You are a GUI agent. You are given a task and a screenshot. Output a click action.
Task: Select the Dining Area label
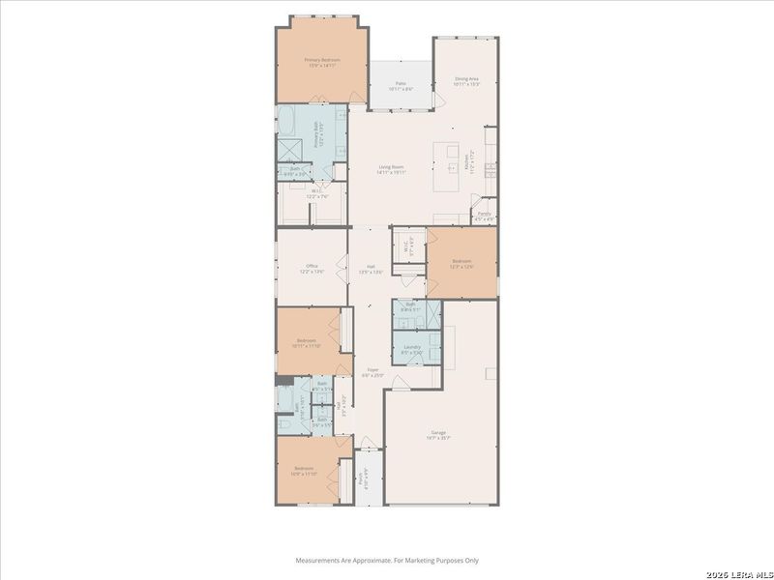click(468, 81)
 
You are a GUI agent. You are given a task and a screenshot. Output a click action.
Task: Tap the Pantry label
click(484, 216)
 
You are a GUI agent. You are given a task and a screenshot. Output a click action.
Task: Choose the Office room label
click(312, 269)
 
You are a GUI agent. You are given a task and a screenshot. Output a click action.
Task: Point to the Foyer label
click(372, 372)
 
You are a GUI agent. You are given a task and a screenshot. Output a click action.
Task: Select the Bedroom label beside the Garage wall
click(461, 264)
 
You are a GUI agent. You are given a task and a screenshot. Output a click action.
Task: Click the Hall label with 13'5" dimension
click(371, 270)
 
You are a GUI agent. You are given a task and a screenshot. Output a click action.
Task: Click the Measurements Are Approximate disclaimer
click(386, 560)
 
